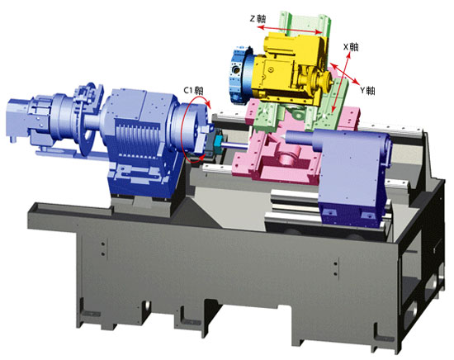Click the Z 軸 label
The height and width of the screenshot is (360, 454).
click(x=258, y=19)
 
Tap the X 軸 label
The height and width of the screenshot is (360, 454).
click(x=351, y=46)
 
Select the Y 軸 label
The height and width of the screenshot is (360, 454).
click(x=367, y=91)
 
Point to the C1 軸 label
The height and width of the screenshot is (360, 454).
click(x=193, y=90)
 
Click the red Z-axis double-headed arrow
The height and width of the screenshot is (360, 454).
click(x=290, y=30)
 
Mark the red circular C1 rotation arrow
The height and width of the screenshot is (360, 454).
click(x=182, y=130)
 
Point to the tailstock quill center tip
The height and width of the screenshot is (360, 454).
click(x=281, y=136)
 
